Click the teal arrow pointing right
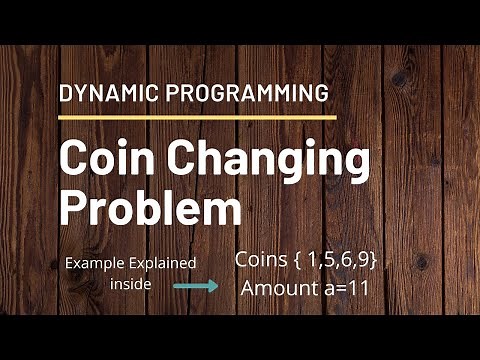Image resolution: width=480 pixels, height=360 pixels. [196, 284]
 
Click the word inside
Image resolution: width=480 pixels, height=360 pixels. [129, 284]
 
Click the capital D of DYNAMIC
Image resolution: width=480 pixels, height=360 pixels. [67, 95]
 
